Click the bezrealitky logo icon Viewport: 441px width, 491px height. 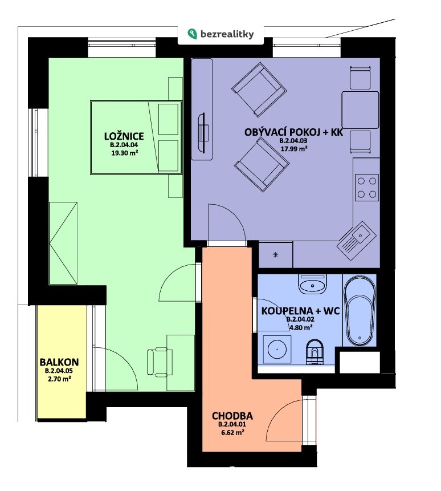(192, 34)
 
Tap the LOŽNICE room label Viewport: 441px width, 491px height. (124, 136)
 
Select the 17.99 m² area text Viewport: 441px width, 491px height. (293, 149)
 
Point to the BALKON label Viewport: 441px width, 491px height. (59, 362)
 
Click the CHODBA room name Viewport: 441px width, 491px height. (232, 416)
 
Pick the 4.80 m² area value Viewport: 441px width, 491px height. (301, 328)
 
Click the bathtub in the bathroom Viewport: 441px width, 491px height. (360, 310)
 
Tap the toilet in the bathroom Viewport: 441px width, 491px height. (315, 352)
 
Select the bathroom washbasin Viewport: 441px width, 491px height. (312, 284)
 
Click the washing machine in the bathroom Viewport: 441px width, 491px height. (277, 350)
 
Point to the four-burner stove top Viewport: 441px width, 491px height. (367, 188)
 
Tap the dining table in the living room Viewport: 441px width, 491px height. (360, 110)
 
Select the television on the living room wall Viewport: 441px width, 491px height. (202, 133)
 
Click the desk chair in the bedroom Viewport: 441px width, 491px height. (160, 362)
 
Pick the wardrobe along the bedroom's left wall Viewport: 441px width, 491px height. (63, 244)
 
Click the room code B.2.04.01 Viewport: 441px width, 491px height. (232, 425)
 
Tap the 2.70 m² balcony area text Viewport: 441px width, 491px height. (59, 379)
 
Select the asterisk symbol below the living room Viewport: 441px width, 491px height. (276, 254)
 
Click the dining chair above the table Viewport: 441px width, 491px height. (360, 78)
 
